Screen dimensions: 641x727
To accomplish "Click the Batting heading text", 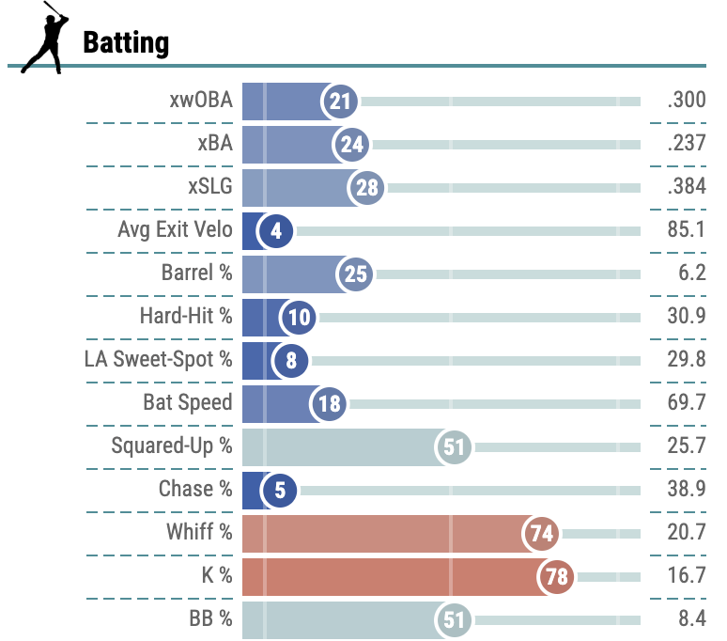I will (126, 42).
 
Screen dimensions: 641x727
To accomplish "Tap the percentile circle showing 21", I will (338, 102).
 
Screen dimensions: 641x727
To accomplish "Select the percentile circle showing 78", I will (557, 577).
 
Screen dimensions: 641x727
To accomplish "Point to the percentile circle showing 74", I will (541, 534).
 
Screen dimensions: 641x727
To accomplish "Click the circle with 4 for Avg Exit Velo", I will (276, 231).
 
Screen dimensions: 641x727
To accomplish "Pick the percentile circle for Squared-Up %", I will (455, 447).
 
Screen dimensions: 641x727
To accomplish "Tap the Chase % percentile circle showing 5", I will (280, 491).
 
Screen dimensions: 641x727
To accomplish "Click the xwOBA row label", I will (196, 101).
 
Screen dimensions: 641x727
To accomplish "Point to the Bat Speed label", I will (187, 402).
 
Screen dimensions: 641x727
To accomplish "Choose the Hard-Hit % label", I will (185, 316).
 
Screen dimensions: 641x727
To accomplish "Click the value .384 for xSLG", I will (686, 187).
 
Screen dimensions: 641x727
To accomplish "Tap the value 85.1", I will (686, 230).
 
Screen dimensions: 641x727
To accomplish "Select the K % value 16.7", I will (686, 576).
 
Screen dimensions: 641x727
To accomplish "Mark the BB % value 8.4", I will (690, 619).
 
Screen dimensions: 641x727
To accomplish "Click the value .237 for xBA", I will (686, 144).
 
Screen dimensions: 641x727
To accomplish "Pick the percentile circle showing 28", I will (367, 188).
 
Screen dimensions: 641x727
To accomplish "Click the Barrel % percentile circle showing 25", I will (355, 274).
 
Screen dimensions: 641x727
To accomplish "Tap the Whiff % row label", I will (199, 532).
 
